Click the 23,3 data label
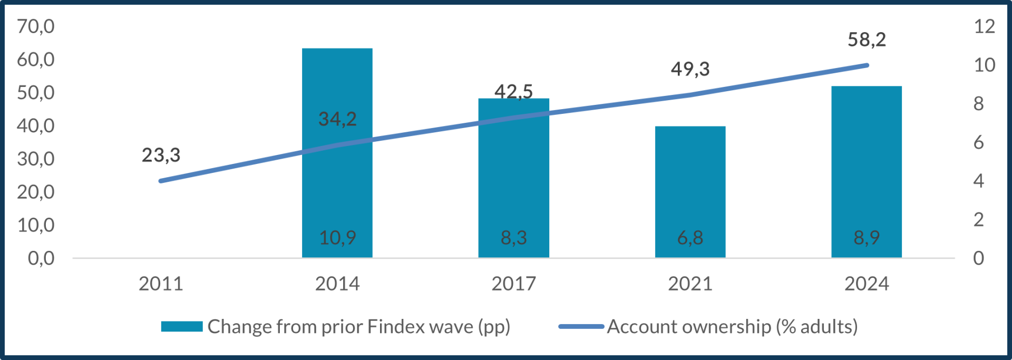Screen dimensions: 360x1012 point(161,155)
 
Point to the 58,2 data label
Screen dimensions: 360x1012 point(867,40)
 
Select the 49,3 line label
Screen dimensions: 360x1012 point(690,69)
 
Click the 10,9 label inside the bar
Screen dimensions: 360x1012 point(337,238)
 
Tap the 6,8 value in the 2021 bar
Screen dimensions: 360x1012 point(690,238)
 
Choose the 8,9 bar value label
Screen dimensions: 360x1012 point(867,238)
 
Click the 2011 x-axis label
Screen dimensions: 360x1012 point(161,284)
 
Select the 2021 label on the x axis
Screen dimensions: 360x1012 point(690,284)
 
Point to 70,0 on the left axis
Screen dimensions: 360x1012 point(36,26)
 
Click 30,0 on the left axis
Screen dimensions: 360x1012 point(36,159)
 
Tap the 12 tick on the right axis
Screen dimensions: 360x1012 point(984,26)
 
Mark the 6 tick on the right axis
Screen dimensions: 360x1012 point(978,142)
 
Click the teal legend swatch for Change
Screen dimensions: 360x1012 point(182,327)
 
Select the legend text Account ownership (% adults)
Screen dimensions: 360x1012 point(732,327)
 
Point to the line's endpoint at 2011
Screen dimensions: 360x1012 point(161,181)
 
